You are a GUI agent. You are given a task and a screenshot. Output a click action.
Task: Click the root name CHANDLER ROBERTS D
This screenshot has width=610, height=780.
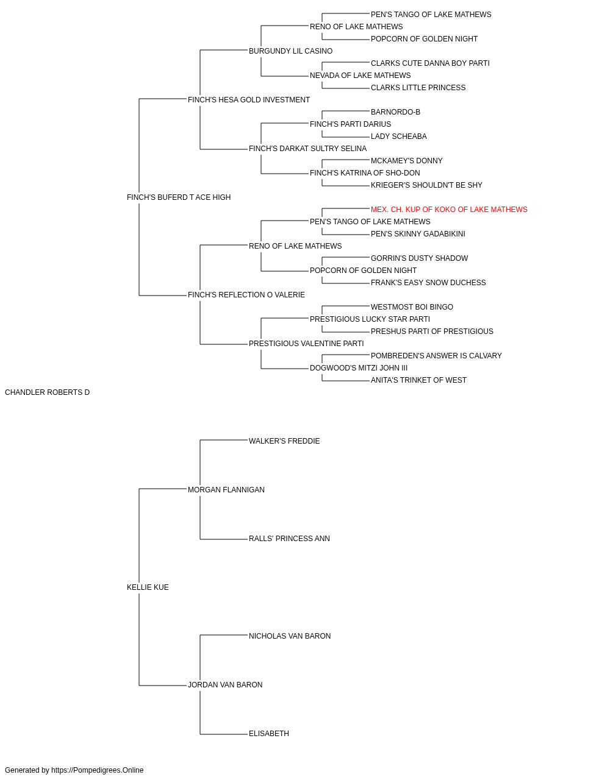point(47,392)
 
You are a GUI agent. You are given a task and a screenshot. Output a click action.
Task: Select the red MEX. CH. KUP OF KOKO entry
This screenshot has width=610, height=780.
point(449,210)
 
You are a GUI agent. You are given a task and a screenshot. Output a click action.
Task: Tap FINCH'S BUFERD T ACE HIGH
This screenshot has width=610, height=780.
point(179,197)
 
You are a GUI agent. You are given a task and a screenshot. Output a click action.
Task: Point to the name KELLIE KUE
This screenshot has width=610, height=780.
point(148,587)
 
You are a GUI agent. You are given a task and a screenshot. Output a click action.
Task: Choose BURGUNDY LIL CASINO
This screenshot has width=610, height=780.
point(290,51)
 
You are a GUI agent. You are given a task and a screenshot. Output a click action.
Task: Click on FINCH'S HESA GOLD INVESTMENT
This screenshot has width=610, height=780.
point(249,100)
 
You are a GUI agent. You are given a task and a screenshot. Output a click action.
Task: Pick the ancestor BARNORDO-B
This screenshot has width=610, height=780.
point(395,112)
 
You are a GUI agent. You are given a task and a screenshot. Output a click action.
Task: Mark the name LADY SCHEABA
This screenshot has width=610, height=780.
point(399,136)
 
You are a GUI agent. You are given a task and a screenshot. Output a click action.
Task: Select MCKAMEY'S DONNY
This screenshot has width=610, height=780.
point(407,161)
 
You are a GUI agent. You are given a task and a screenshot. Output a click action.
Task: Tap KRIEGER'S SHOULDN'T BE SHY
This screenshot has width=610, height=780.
point(426,185)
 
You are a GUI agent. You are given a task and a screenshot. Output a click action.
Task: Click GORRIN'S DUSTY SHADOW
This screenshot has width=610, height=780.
point(419,258)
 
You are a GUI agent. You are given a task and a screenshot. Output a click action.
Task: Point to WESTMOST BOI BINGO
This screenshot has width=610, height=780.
point(412,307)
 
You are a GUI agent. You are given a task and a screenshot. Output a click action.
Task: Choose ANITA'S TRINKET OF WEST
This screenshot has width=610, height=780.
point(418,380)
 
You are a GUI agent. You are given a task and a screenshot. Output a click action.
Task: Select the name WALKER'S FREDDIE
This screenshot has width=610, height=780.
point(284,441)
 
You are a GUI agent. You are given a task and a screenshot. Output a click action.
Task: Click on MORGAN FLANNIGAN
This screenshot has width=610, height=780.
point(226,490)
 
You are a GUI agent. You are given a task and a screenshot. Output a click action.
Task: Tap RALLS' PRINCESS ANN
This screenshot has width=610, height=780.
point(289,539)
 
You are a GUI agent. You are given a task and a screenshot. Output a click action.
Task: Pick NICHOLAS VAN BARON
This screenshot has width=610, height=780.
point(290,636)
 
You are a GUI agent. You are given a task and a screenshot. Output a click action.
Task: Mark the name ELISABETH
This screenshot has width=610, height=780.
point(269,734)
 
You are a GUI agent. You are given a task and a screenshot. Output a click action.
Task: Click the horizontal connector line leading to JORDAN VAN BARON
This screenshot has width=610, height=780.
point(163,686)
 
